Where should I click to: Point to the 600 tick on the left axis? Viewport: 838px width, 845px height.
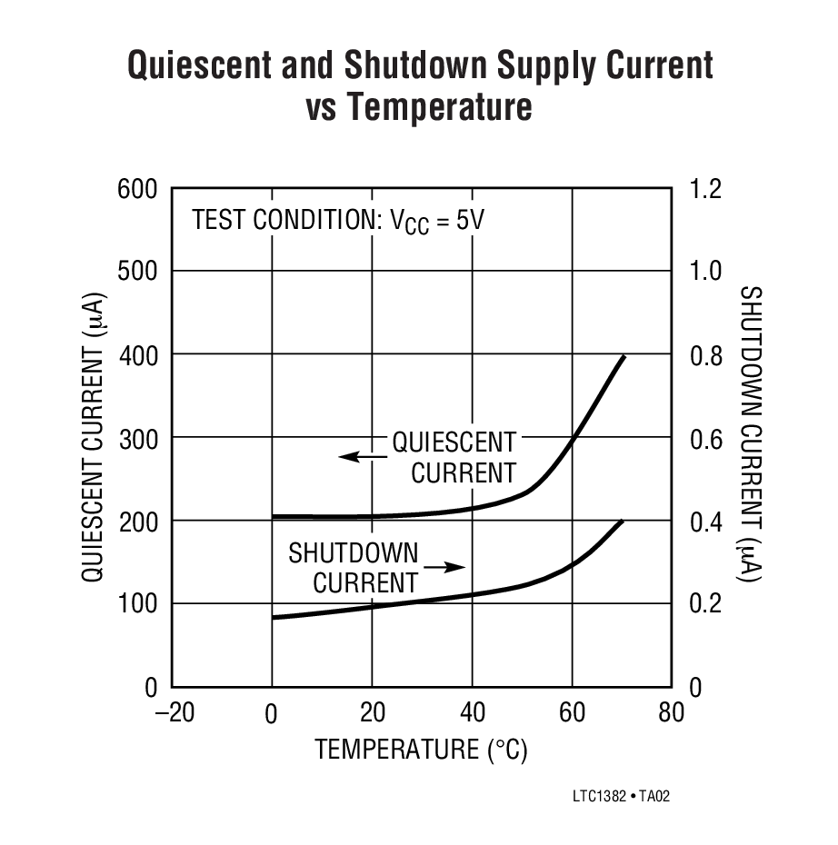point(137,189)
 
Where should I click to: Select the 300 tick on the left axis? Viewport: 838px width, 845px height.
point(137,438)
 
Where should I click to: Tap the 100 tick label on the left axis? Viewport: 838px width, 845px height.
point(137,604)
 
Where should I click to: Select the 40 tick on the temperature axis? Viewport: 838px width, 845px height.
point(472,712)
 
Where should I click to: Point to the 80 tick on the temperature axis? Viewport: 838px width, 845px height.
point(671,712)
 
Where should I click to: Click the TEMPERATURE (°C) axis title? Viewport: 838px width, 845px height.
point(421,750)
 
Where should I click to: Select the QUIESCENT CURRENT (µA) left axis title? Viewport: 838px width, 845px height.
point(95,438)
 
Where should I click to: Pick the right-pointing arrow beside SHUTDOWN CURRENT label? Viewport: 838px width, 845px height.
point(444,568)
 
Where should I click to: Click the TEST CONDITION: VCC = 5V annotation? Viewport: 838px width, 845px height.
point(332,220)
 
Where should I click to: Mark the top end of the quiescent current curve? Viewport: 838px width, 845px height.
point(624,356)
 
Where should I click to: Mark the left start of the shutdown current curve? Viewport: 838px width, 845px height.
point(274,618)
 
